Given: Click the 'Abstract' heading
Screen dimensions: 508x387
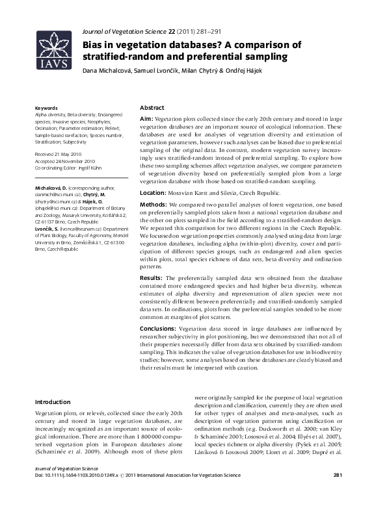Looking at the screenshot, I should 152,107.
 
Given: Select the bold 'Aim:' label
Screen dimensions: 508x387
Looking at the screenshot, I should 146,120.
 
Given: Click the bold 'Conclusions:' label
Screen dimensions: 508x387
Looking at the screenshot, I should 158,329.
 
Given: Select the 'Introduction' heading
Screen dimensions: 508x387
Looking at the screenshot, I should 53,401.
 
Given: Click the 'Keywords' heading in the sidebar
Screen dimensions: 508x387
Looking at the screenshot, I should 46,107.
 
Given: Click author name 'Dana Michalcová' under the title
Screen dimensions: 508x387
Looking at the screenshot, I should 103,70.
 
